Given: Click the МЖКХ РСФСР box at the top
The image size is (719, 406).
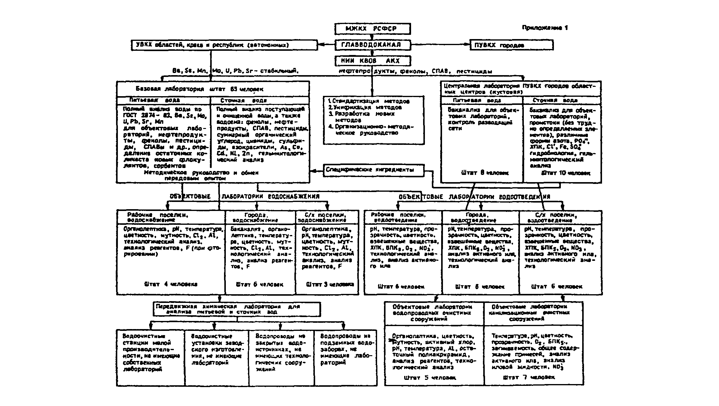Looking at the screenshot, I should tap(373, 29).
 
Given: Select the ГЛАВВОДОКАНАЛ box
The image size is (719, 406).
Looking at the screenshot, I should tap(373, 45).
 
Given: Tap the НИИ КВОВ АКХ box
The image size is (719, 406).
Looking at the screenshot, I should tap(373, 61).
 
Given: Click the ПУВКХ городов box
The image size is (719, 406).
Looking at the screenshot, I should tap(511, 45).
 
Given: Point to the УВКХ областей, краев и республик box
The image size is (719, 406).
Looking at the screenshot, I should tap(224, 45).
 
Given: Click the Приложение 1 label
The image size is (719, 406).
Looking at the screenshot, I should tap(545, 28).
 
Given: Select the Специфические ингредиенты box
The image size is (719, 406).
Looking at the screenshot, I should tap(374, 170).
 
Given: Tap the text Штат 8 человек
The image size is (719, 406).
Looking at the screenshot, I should tap(484, 173).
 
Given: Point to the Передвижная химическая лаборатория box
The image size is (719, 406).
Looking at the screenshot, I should tap(237, 309).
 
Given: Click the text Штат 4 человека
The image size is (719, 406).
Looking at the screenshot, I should tap(171, 284).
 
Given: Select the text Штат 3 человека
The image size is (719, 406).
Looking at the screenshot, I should tap(330, 284).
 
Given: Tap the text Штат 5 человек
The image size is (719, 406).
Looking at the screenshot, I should tap(430, 377).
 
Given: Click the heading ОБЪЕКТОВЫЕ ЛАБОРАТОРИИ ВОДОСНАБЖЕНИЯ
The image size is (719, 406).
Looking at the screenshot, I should tap(244, 197).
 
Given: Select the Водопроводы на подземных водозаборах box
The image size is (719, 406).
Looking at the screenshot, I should tap(346, 349).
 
